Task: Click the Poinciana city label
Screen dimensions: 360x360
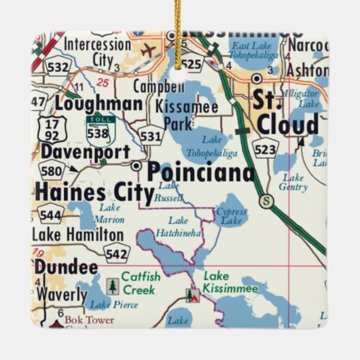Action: (x=201, y=172)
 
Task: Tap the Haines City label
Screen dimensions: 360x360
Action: (x=94, y=192)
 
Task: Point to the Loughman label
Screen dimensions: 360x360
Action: (x=98, y=104)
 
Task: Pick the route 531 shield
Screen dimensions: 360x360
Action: (x=151, y=136)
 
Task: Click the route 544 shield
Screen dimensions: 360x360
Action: (x=50, y=216)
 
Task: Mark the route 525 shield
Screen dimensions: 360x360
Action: (x=192, y=65)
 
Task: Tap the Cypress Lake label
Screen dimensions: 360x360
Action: (x=231, y=217)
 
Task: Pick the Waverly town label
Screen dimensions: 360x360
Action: (x=60, y=295)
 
